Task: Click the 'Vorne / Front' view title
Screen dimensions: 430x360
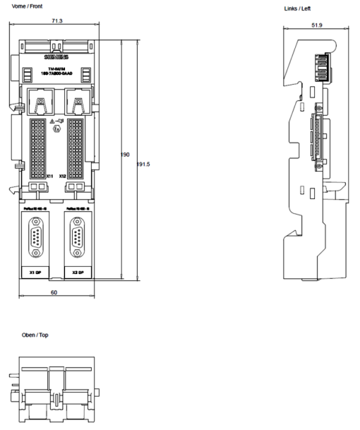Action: click(x=23, y=5)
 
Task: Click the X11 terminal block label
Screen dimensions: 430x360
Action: click(x=50, y=175)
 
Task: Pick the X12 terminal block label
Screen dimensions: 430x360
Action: click(x=62, y=175)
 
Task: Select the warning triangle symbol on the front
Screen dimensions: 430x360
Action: click(x=52, y=121)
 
